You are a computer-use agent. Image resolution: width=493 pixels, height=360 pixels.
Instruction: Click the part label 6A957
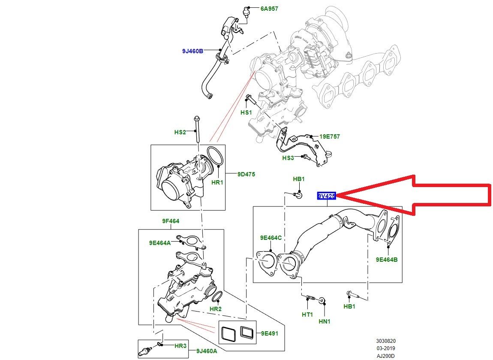(x=270, y=8)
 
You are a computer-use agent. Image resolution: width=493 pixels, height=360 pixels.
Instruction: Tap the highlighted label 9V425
(x=326, y=196)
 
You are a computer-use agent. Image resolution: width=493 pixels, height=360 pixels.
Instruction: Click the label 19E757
(x=329, y=136)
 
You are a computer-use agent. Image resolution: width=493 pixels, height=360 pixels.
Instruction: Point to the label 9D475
(x=246, y=174)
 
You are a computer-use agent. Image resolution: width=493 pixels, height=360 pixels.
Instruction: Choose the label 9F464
(x=171, y=221)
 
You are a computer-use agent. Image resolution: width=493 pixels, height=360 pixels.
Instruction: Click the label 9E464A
(x=160, y=242)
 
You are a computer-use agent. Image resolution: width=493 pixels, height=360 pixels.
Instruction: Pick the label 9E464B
(x=387, y=260)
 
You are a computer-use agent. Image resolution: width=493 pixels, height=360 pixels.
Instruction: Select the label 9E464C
(x=271, y=238)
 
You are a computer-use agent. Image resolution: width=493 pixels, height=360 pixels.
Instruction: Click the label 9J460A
(x=207, y=351)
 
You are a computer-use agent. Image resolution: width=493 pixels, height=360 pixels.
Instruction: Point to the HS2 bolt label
(x=180, y=132)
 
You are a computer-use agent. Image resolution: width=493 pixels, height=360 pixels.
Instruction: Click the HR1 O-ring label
(x=218, y=182)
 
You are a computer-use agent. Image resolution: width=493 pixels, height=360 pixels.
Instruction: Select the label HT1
(x=307, y=315)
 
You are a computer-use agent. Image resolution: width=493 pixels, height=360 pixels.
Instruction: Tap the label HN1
(x=324, y=321)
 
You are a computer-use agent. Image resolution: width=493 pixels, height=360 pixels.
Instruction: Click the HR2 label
(x=215, y=309)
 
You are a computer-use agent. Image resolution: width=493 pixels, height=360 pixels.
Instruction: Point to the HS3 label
(x=288, y=158)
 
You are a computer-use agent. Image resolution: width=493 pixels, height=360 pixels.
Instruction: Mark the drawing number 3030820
(x=386, y=341)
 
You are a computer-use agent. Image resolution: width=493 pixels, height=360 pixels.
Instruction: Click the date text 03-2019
(x=386, y=348)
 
